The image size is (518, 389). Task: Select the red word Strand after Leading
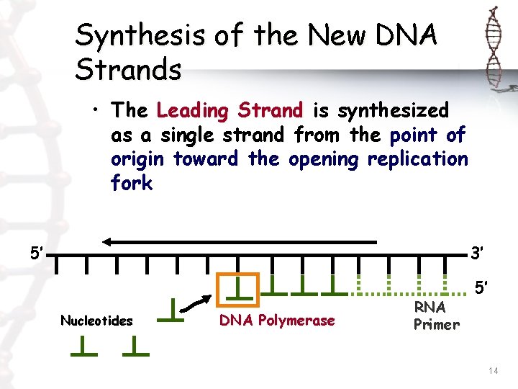click(x=272, y=110)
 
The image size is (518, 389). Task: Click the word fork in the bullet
click(x=132, y=183)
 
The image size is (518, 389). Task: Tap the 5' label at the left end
click(x=37, y=253)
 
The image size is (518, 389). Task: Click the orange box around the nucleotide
click(x=239, y=286)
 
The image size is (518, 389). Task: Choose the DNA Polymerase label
click(x=277, y=321)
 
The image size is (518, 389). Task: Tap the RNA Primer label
click(x=436, y=316)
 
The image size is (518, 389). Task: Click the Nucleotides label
click(x=96, y=321)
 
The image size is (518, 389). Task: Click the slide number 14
click(x=493, y=370)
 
